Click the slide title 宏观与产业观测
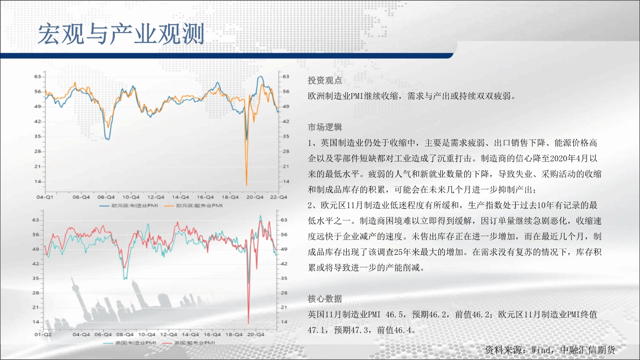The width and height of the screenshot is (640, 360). coord(121,34)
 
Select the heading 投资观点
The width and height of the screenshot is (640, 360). coord(325,81)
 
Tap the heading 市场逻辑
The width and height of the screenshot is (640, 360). coord(325,127)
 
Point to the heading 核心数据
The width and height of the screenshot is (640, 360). coord(325,299)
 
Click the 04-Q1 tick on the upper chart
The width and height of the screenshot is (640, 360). coord(45,197)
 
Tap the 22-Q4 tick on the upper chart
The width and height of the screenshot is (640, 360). coord(278,197)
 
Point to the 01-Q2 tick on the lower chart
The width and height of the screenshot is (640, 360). coord(43,334)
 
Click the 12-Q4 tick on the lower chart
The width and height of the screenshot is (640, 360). coord(169,334)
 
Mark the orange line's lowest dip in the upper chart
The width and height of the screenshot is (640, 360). coord(247,185)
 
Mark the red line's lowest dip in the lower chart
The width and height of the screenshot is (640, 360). coord(248,323)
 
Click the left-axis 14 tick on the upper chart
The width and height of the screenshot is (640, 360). coord(38,181)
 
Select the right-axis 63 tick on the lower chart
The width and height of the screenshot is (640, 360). coord(284,220)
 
